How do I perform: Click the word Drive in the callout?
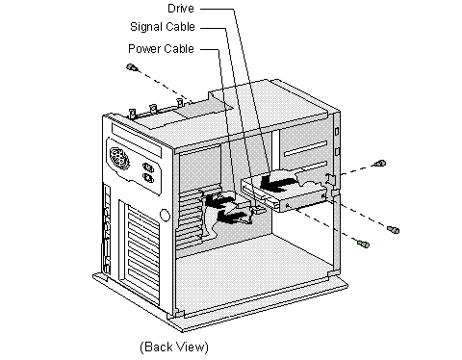point(181,8)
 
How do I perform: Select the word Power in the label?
point(143,49)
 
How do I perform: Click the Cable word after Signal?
point(182,27)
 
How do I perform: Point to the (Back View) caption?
point(174,347)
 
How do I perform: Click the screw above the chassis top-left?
point(132,67)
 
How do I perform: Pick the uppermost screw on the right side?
point(380,164)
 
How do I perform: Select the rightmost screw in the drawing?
point(394,230)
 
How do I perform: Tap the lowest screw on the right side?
point(364,244)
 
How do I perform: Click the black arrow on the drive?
point(276,183)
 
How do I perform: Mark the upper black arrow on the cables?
point(219,200)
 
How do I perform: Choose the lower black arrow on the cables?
point(232,216)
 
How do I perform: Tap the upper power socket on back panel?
point(147,167)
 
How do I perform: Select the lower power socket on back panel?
point(148,177)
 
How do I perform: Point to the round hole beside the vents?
point(165,215)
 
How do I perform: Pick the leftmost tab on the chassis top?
point(132,114)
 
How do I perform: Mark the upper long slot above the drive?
point(306,148)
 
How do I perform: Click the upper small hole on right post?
point(337,132)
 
